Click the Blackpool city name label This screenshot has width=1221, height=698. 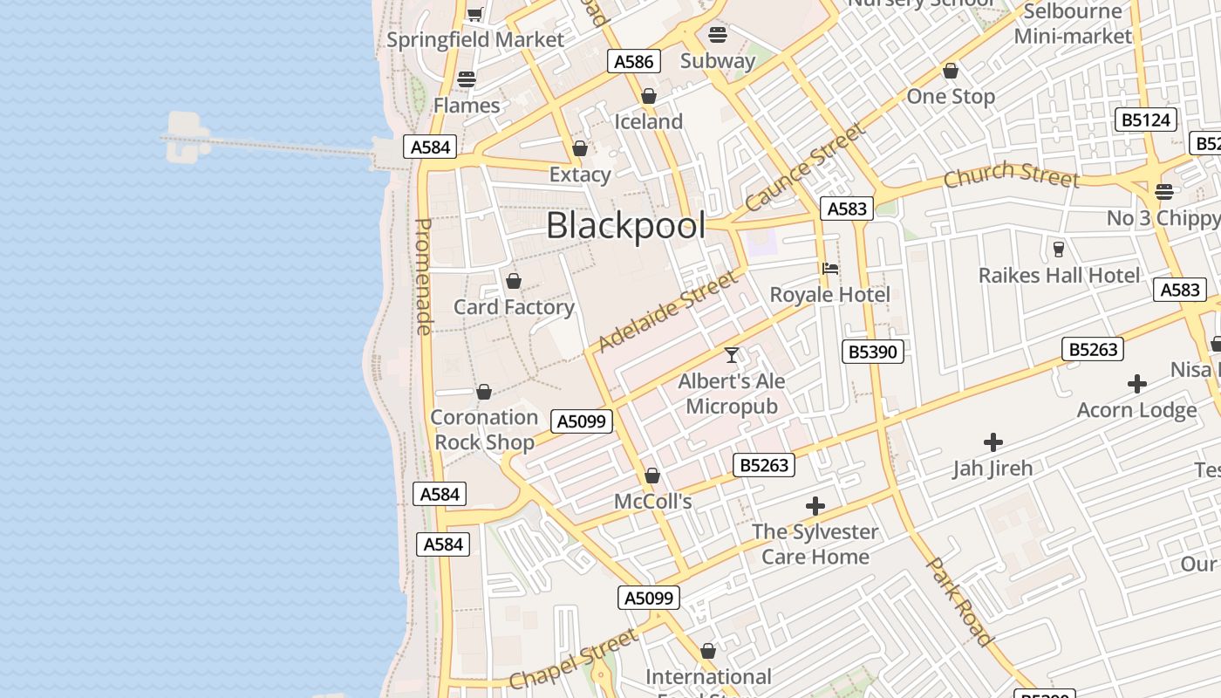[625, 226]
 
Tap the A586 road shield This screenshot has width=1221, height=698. [633, 61]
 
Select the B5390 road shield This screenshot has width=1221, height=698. [873, 352]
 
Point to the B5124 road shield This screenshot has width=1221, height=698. [1145, 120]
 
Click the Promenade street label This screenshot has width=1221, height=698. [424, 277]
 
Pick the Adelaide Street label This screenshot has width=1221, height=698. [667, 311]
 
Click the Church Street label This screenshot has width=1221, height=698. [1012, 174]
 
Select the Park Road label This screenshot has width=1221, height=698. [958, 602]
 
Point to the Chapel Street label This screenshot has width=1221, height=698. [573, 660]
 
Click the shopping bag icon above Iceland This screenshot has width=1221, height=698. [648, 96]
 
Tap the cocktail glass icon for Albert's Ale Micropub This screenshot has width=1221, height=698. [732, 355]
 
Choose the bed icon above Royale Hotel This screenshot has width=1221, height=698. [830, 269]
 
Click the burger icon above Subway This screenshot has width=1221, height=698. [718, 35]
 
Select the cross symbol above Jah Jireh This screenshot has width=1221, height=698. [992, 442]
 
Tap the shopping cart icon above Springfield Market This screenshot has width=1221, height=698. [475, 14]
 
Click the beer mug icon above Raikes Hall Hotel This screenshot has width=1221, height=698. [1059, 250]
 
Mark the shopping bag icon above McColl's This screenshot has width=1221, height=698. [651, 476]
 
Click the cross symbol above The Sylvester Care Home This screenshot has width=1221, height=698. [815, 506]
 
